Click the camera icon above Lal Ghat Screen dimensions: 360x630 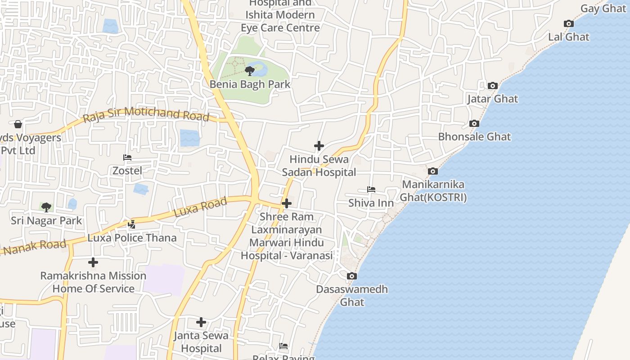pyautogui.click(x=569, y=24)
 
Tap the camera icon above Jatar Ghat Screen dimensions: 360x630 pyautogui.click(x=493, y=85)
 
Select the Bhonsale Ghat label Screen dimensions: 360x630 pyautogui.click(x=474, y=136)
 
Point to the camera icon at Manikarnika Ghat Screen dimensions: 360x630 pyautogui.click(x=433, y=171)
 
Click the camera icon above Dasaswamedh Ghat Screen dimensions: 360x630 pyautogui.click(x=352, y=276)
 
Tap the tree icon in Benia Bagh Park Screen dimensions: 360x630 pyautogui.click(x=250, y=71)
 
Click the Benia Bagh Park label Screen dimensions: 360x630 pyautogui.click(x=250, y=84)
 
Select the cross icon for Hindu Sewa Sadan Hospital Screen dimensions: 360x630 pyautogui.click(x=319, y=146)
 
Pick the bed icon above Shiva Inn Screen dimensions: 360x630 pyautogui.click(x=371, y=189)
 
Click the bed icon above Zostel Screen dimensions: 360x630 pyautogui.click(x=127, y=157)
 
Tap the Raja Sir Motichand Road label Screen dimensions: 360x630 pyautogui.click(x=146, y=114)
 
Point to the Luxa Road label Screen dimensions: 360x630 pyautogui.click(x=200, y=207)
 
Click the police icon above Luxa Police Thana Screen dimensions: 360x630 pyautogui.click(x=132, y=224)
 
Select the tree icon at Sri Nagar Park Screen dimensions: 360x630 pyautogui.click(x=46, y=207)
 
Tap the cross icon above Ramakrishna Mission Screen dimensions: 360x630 pyautogui.click(x=93, y=262)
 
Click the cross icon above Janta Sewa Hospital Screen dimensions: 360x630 pyautogui.click(x=201, y=322)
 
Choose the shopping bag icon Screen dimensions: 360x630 pyautogui.click(x=18, y=124)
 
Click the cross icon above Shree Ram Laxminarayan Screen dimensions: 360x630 pyautogui.click(x=287, y=203)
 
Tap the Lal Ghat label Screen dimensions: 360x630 pyautogui.click(x=569, y=37)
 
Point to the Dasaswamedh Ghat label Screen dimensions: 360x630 pyautogui.click(x=352, y=295)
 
